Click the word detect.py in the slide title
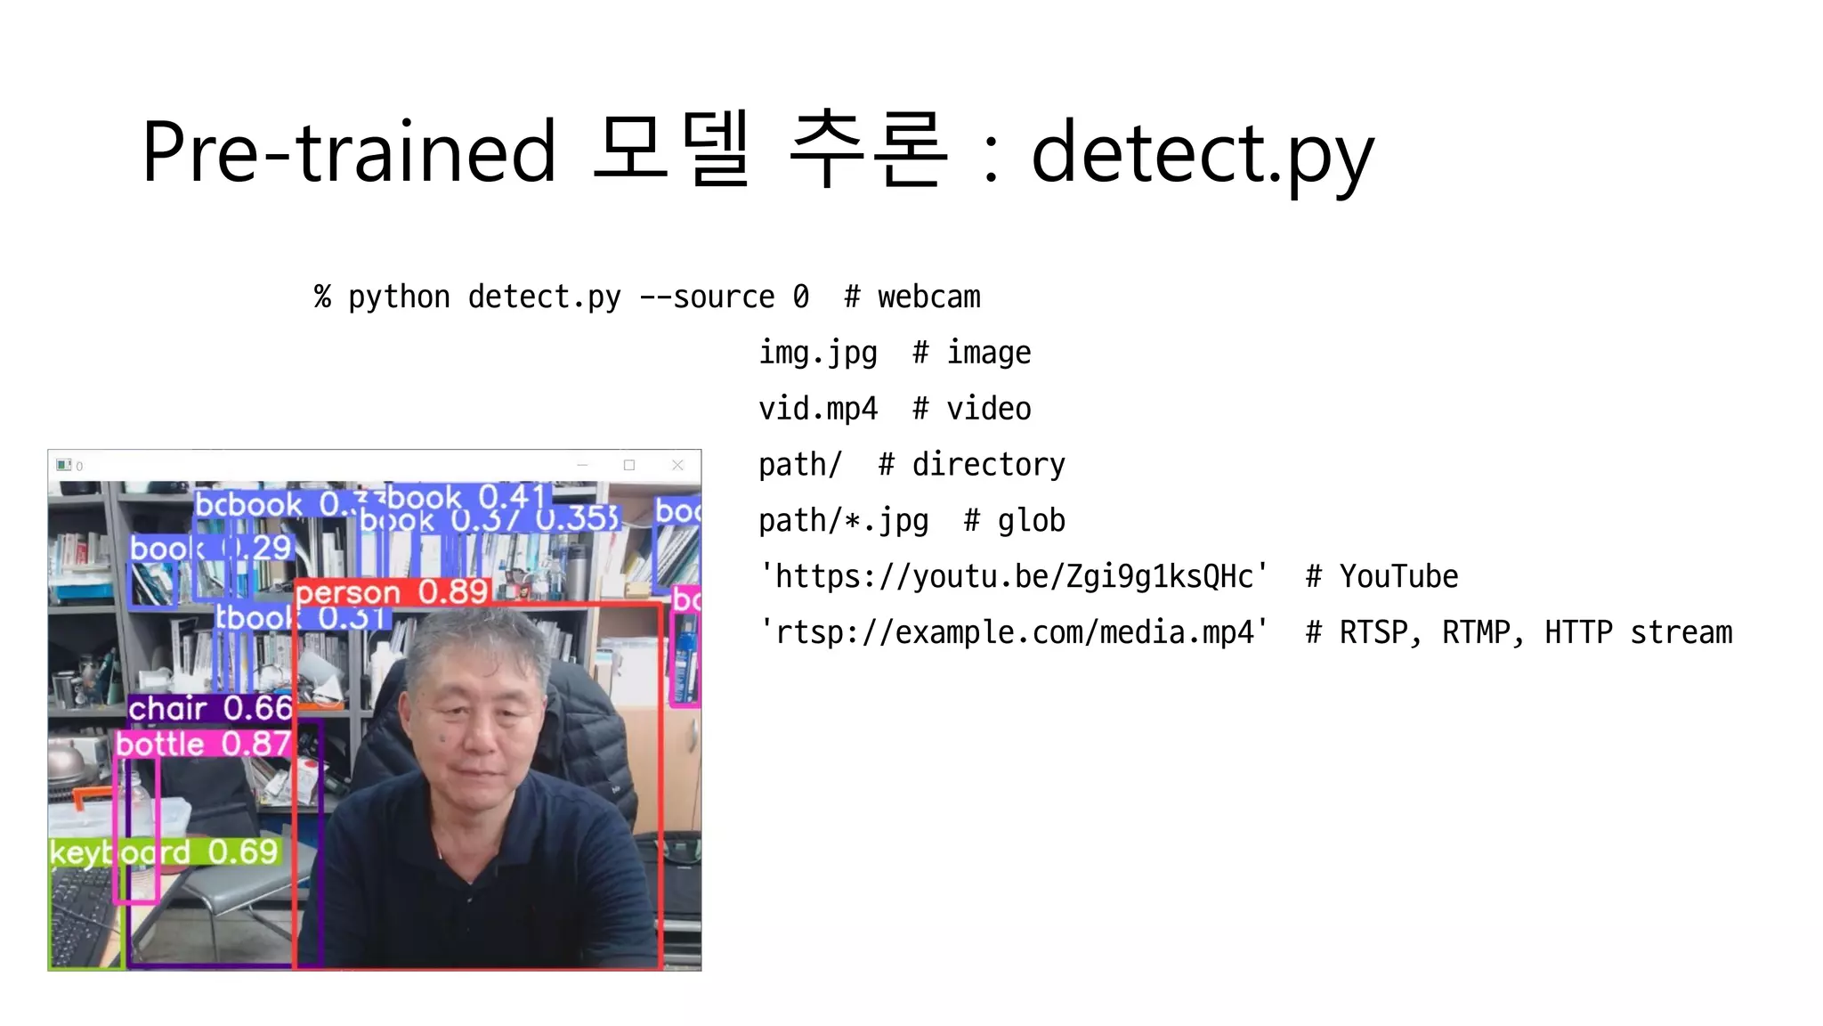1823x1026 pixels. tap(1202, 153)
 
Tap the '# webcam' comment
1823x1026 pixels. tap(912, 297)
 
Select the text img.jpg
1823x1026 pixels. tap(817, 353)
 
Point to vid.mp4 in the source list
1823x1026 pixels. tap(817, 409)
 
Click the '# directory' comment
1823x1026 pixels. tap(971, 464)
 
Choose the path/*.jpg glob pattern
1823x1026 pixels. tap(843, 520)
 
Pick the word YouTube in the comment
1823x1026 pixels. tap(1398, 576)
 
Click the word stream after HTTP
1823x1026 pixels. tap(1681, 632)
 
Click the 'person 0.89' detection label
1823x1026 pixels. tap(392, 592)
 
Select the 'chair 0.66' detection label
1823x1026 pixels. tap(209, 708)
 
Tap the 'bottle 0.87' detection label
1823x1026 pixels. tap(203, 744)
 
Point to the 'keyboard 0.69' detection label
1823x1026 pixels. tap(164, 852)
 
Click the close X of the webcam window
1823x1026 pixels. tap(677, 465)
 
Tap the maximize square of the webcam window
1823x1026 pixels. tap(629, 465)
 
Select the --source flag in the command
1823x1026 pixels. tap(707, 297)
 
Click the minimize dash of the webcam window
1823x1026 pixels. tap(582, 465)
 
